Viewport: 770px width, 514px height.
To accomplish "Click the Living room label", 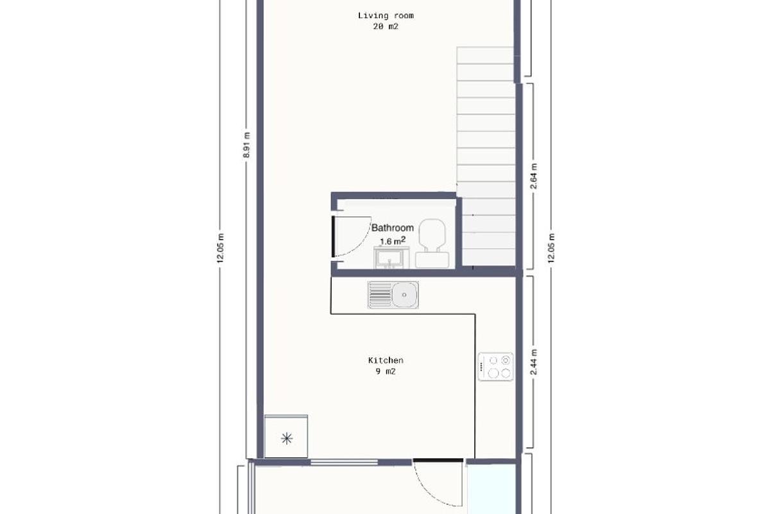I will [x=385, y=15].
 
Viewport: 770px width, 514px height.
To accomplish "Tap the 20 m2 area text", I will [x=385, y=26].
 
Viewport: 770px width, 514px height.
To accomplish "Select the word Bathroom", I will [x=393, y=227].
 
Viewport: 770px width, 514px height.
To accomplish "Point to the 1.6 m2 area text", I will [x=392, y=241].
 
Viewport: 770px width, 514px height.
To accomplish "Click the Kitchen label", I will [x=385, y=360].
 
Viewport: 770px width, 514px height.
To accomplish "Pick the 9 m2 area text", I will [x=385, y=371].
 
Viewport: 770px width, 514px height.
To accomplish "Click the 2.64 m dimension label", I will [x=534, y=176].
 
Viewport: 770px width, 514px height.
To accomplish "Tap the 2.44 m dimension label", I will [x=534, y=361].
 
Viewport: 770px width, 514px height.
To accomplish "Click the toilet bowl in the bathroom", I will [x=432, y=233].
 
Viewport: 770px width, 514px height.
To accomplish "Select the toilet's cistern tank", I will [x=432, y=260].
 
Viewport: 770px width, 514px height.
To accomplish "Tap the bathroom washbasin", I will [x=389, y=258].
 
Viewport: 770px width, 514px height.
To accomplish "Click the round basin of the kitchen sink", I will [x=404, y=295].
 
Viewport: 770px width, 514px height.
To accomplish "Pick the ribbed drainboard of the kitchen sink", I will [x=380, y=295].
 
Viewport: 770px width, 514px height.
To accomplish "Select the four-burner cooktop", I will [x=496, y=367].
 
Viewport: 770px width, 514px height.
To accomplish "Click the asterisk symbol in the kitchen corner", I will [x=286, y=438].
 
